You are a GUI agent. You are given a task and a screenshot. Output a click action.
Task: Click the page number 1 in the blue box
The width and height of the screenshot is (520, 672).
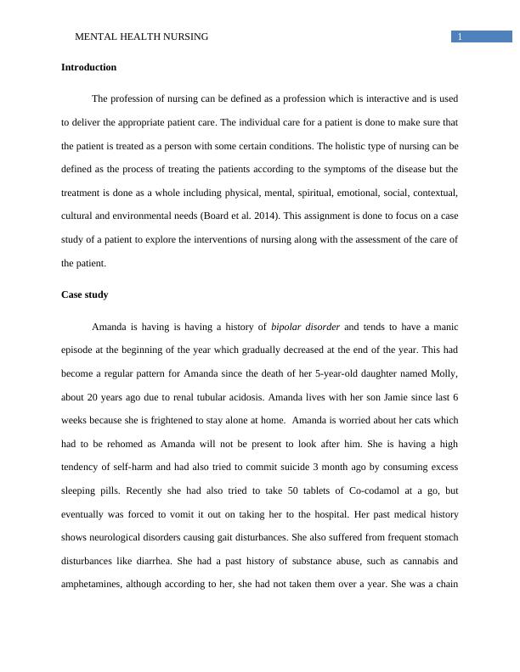[x=460, y=36]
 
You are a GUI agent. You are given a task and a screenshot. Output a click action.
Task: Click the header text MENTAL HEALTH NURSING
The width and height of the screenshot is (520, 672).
[x=142, y=36]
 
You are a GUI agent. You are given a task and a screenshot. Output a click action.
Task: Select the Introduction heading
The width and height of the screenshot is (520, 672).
[x=89, y=67]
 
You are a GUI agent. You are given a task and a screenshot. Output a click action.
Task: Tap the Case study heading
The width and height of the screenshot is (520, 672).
[x=85, y=294]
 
